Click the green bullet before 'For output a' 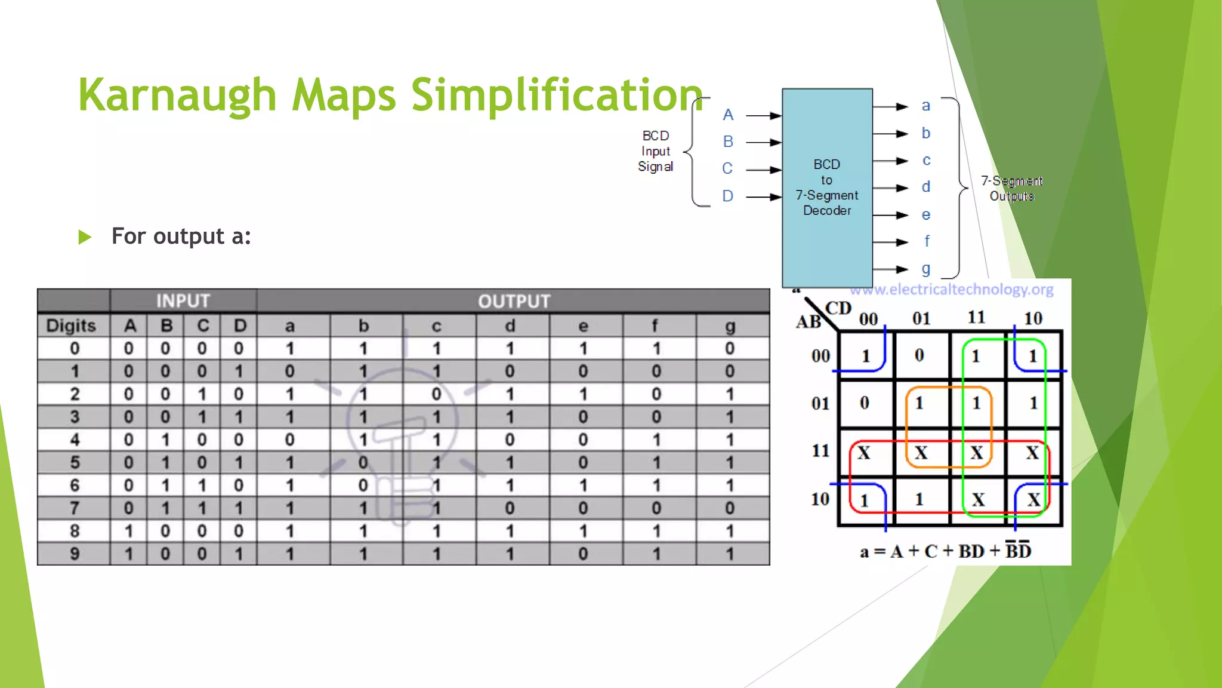[85, 237]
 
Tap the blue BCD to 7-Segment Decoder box [827, 187]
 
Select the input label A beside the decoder [728, 115]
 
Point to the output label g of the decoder [925, 269]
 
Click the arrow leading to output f [890, 242]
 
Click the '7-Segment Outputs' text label [1011, 188]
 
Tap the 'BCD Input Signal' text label [655, 151]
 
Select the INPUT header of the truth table [183, 300]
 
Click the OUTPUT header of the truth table [513, 300]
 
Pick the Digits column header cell [72, 325]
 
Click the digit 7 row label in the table [75, 508]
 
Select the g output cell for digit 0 [729, 348]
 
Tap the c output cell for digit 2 [436, 394]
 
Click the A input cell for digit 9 [129, 554]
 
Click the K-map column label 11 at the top [976, 317]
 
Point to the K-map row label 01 [820, 403]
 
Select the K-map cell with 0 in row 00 [919, 355]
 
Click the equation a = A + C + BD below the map [945, 551]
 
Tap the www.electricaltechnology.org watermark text [952, 290]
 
